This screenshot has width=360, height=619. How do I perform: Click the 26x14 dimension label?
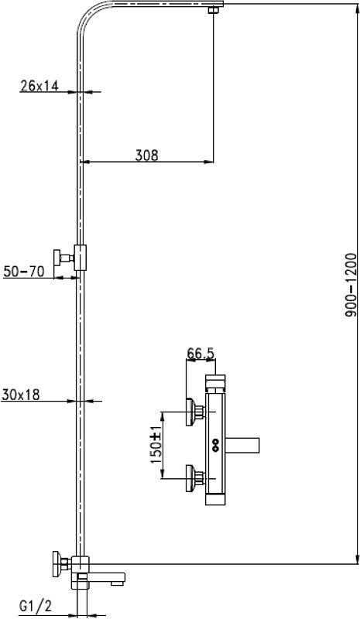39,86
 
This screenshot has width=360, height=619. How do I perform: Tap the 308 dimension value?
146,156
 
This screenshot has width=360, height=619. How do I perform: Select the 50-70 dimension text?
23,272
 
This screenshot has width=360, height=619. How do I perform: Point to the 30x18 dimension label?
21,395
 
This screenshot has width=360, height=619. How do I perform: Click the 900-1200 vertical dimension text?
351,285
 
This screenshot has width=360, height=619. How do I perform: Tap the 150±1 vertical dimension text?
156,444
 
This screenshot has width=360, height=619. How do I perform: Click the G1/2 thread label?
36,605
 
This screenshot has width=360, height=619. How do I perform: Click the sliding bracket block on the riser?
81,258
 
